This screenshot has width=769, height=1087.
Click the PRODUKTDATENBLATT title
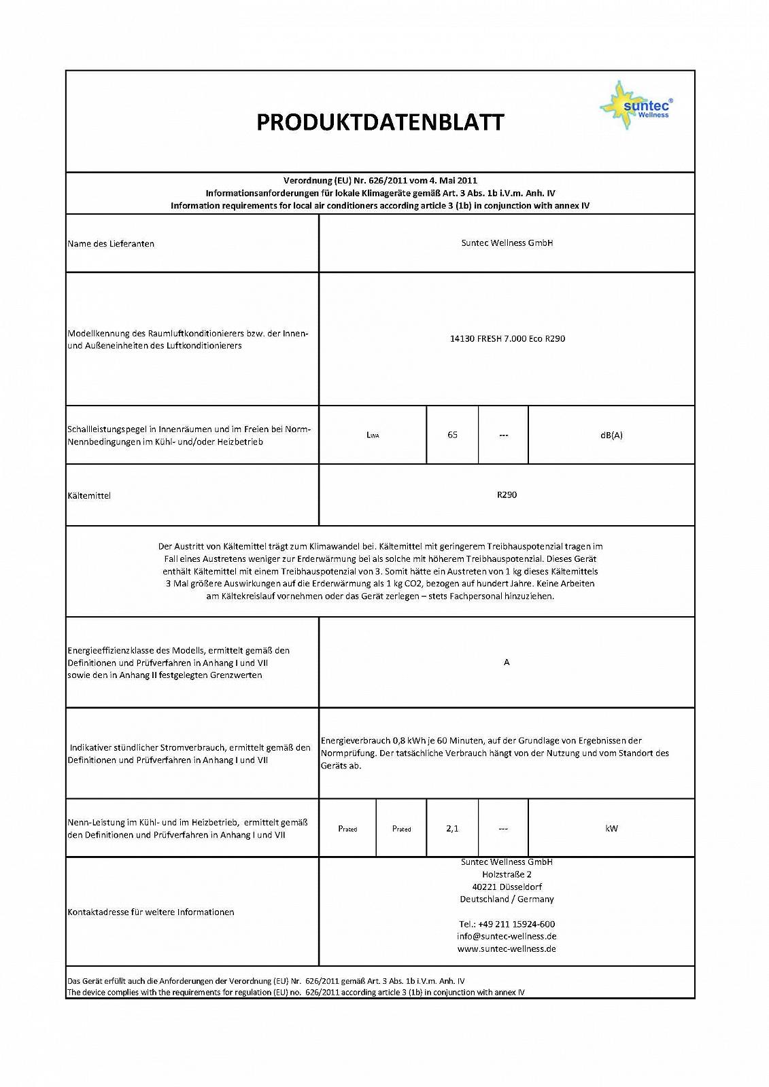(x=380, y=122)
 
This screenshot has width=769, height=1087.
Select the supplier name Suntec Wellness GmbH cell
(x=507, y=243)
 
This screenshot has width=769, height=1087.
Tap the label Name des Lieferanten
(x=111, y=244)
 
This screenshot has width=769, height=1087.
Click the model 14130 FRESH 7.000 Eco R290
(x=507, y=338)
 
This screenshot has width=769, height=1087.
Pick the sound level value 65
(x=452, y=435)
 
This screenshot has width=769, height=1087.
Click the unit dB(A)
(x=611, y=435)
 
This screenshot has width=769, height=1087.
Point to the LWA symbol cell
(x=373, y=435)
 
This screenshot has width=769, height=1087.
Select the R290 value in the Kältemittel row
(x=507, y=495)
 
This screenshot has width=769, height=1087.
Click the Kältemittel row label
(x=89, y=496)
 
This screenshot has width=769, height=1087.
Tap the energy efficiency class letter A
(x=507, y=662)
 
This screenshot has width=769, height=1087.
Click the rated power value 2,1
(x=452, y=828)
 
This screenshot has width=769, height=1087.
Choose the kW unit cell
(x=611, y=828)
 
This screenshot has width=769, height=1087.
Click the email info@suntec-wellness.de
(x=507, y=936)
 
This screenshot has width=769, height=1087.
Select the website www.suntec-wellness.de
(x=507, y=948)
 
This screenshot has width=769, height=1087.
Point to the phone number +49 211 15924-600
(x=507, y=924)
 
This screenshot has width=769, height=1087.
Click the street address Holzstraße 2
(x=507, y=874)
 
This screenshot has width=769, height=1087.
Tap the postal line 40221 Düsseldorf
(x=507, y=887)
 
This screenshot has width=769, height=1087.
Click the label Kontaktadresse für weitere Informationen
(x=151, y=912)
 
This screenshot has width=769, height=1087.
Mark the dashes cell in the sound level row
(x=503, y=435)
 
